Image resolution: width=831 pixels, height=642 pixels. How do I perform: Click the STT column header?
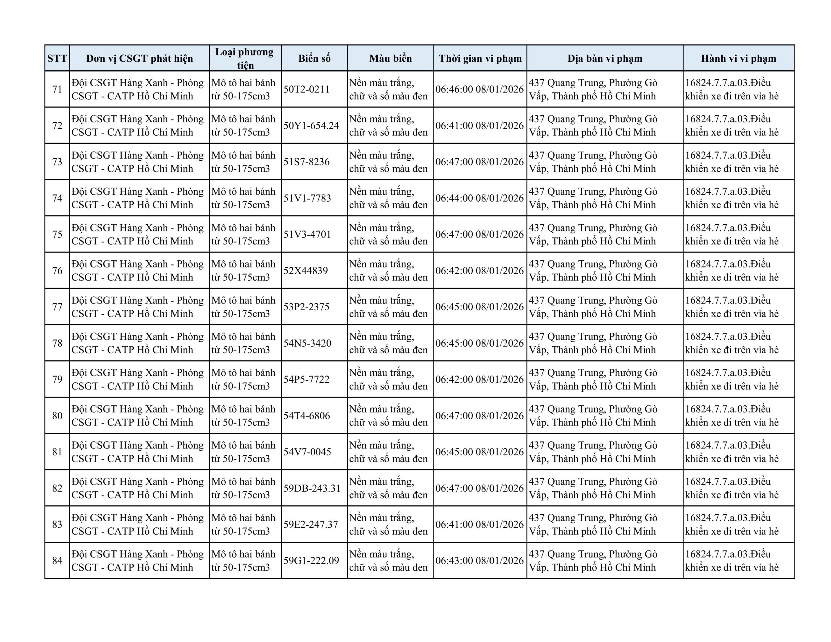coord(57,58)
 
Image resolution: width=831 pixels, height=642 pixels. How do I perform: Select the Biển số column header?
coord(314,58)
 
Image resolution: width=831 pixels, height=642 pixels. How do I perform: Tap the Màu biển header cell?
coord(391,58)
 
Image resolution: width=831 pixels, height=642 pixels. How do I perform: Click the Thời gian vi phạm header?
coord(480,58)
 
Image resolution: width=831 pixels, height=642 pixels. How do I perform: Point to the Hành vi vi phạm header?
coord(738,58)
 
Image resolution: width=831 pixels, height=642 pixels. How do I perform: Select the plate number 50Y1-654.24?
coord(311,126)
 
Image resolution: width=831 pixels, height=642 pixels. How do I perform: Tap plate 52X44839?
coord(305,271)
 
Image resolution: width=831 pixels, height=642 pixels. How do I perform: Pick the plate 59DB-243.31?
coord(312,488)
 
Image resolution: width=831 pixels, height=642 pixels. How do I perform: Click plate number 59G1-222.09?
coord(311,561)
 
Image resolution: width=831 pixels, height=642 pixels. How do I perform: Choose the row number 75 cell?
coord(57,234)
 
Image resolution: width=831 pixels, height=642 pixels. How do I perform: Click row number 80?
coord(57,415)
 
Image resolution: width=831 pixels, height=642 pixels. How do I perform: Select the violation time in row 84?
coord(479,561)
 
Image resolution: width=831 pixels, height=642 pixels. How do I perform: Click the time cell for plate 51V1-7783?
coord(479,198)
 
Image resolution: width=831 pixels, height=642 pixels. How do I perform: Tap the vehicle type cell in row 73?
coord(243,162)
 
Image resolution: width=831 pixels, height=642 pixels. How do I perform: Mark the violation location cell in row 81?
coord(593,452)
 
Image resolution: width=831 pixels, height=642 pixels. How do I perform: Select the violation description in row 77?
coord(732,307)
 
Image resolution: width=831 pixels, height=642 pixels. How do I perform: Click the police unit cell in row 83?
coord(138,525)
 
